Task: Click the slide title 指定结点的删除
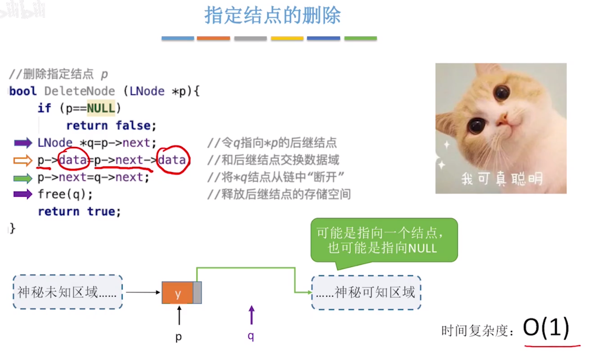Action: [x=272, y=16]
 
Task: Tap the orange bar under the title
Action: [x=213, y=38]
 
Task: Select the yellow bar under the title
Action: [x=287, y=38]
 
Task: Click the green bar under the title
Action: [x=360, y=38]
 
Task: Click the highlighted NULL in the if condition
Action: [x=101, y=109]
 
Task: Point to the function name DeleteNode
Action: [x=79, y=91]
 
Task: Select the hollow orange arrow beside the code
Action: [x=23, y=161]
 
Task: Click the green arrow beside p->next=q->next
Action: [x=23, y=178]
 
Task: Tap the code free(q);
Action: [x=65, y=195]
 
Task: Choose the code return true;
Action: [x=79, y=211]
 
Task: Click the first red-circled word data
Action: [x=73, y=160]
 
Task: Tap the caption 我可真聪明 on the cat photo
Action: [x=502, y=178]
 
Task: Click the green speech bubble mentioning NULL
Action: [x=384, y=241]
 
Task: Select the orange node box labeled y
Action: [x=177, y=293]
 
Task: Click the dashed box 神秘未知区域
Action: [x=68, y=292]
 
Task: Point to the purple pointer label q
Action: [x=251, y=335]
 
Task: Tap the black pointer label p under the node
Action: [x=179, y=337]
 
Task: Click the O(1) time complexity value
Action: [x=546, y=327]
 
